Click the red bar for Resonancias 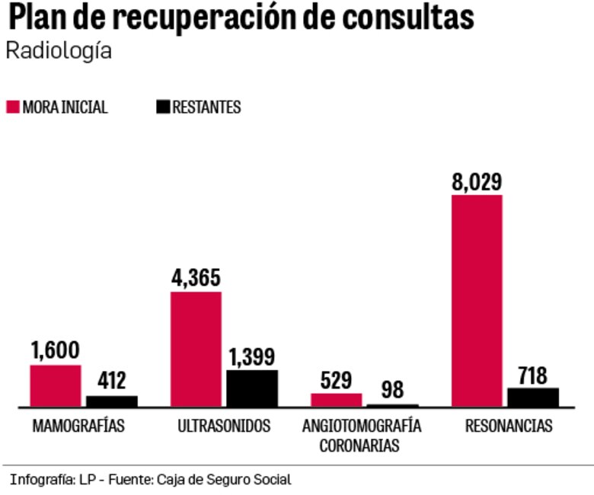[x=477, y=301]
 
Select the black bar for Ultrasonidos [x=252, y=388]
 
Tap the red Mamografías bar [x=56, y=386]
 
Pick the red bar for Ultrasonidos [x=196, y=350]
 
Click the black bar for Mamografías [x=111, y=401]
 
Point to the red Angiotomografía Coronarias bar [x=336, y=400]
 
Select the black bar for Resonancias [x=533, y=398]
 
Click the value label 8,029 [x=477, y=182]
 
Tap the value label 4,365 [x=196, y=279]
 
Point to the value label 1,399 [x=252, y=357]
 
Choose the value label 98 [x=393, y=391]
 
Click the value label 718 [x=533, y=375]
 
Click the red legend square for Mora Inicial [x=12, y=107]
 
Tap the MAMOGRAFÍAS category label [x=78, y=426]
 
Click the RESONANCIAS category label [x=508, y=426]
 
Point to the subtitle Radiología [x=59, y=52]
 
